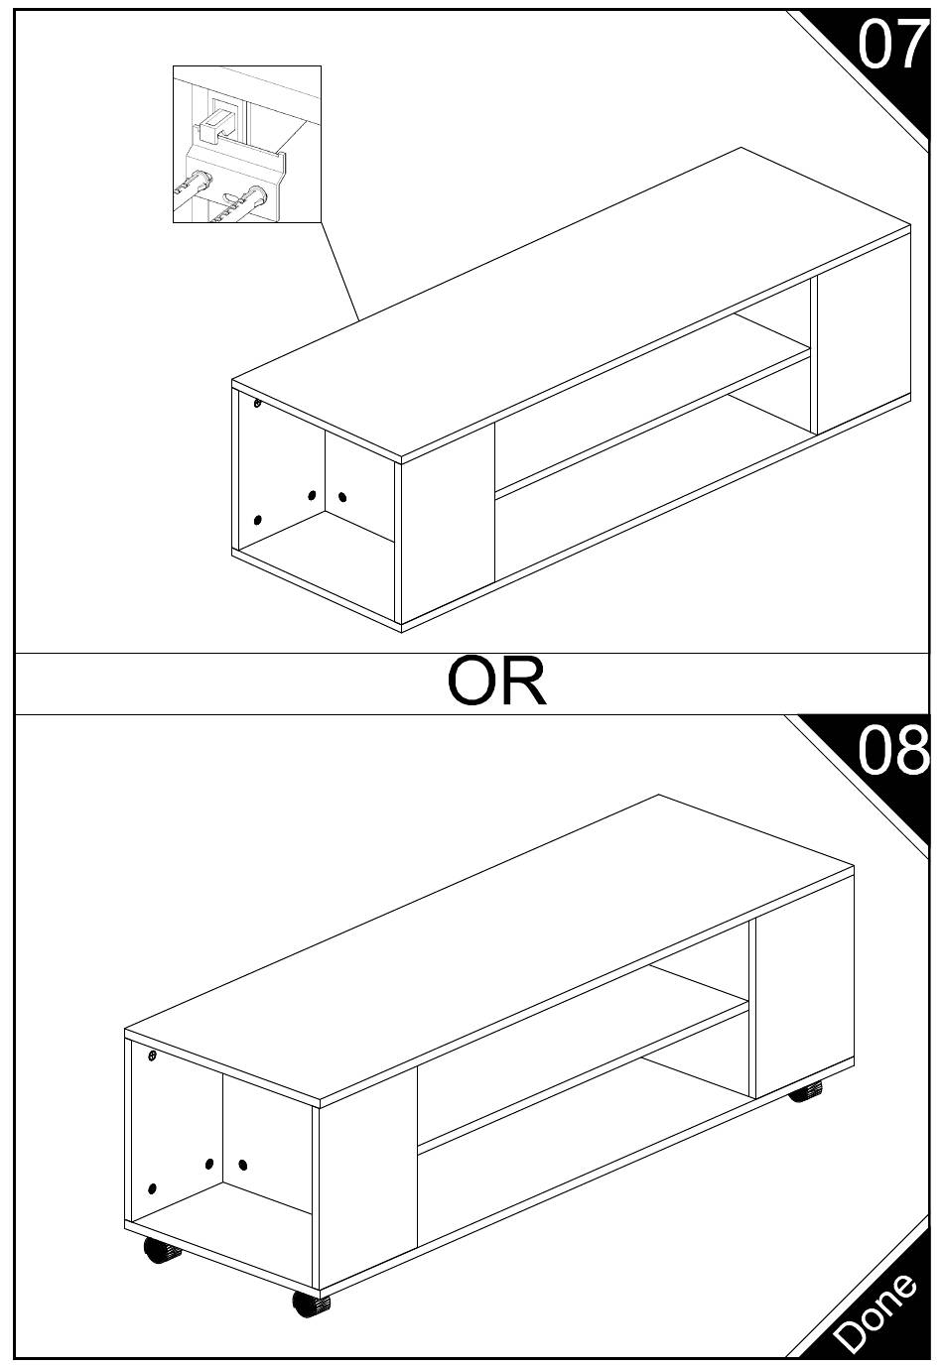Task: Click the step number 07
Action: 890,45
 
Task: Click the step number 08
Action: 892,751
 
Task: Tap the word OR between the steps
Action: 496,682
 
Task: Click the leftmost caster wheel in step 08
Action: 157,1252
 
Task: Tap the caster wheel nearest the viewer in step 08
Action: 311,1304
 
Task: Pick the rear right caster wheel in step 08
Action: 806,1093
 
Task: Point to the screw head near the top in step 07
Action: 257,404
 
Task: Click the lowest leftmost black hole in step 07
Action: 257,520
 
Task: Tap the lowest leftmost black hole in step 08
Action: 152,1188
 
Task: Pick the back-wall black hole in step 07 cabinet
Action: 342,496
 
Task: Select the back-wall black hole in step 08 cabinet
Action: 243,1164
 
